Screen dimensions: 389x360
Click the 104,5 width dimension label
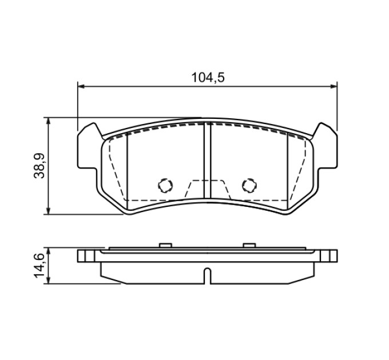[208, 78]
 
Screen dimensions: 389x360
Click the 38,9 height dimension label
[39, 166]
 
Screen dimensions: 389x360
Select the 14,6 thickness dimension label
[39, 266]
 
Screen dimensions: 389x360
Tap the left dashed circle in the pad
[165, 185]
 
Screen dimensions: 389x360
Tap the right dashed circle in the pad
[249, 185]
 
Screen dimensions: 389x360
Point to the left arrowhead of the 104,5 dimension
[81, 86]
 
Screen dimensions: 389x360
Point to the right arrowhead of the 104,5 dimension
[334, 86]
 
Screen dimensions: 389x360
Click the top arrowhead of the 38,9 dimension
[49, 121]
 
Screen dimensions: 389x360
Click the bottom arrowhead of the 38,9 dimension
[49, 211]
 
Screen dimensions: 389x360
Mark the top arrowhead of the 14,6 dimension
[49, 250]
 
